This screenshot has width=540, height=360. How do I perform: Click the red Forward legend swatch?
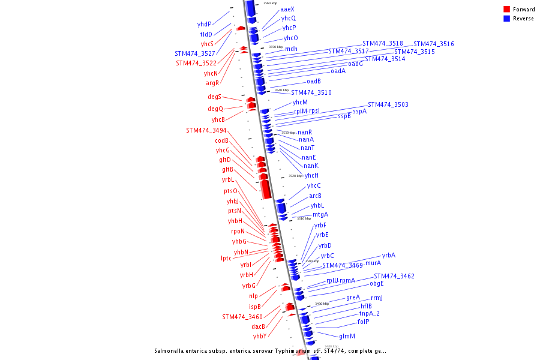(507, 10)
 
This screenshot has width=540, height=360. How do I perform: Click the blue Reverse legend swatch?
(507, 19)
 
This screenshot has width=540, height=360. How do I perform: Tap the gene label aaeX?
(287, 10)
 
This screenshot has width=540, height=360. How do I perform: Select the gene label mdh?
(291, 49)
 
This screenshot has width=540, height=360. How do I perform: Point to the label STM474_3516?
(433, 44)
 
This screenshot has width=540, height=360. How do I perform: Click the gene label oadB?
(314, 82)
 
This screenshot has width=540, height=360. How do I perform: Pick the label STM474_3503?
(388, 105)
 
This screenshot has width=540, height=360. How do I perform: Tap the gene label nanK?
(311, 166)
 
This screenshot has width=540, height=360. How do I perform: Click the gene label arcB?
(315, 196)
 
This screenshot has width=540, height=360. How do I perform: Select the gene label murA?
(373, 263)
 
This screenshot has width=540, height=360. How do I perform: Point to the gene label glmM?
(347, 337)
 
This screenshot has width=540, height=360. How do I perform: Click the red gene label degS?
(214, 97)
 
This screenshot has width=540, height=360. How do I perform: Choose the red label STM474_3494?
(206, 130)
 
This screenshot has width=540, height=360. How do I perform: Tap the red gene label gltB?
(227, 170)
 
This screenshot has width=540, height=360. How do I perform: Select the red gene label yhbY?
(259, 337)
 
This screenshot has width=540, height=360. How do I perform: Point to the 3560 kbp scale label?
(270, 3)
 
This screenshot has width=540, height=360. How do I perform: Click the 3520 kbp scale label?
(295, 176)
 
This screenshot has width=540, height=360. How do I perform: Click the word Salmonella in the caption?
(170, 351)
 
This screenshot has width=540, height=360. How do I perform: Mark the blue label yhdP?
(204, 25)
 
